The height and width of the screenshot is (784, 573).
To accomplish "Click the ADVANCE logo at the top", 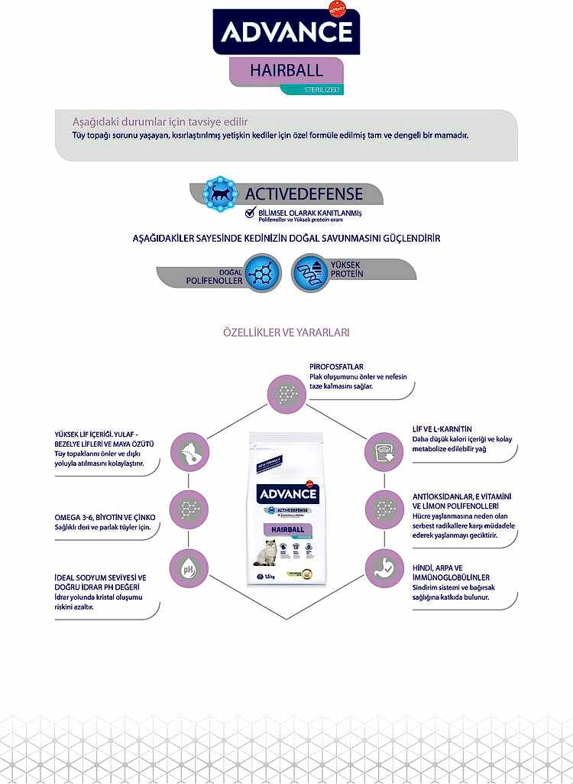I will pos(286,31).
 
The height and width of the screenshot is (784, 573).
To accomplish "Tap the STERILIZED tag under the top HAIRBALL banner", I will pos(312,89).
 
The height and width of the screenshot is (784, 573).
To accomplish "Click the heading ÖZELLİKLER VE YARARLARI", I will pos(286,333).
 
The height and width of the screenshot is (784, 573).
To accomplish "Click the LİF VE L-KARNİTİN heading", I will pos(442,429).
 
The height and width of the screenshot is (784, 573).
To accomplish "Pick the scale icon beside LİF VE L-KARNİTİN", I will pos(382,450).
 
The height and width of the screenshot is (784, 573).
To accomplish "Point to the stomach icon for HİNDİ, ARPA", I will pos(382,567).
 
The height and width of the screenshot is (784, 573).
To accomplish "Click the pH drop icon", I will pos(188,568).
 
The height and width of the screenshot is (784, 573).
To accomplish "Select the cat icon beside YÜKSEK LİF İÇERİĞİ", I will pos(188,451).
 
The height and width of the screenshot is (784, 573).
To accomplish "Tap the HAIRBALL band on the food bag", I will pos(285,529).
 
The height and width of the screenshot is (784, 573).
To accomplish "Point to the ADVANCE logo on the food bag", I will pos(286,493).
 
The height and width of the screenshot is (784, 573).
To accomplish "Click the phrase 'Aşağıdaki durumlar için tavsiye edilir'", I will pos(160,122).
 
